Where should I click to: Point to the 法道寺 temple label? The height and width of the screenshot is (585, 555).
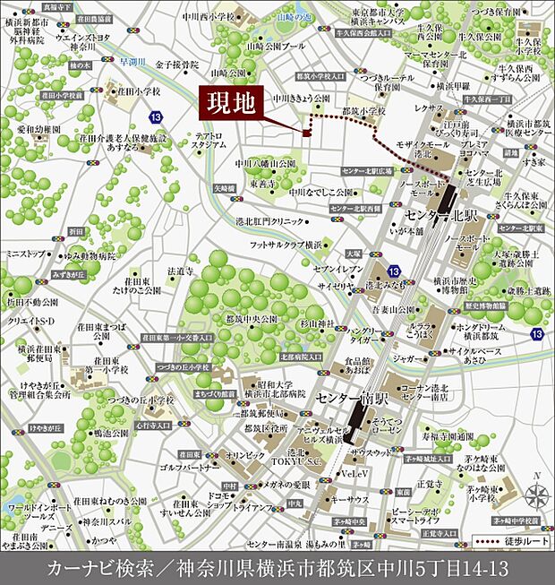click(180, 271)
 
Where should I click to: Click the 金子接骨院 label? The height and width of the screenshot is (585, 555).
click(176, 65)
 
